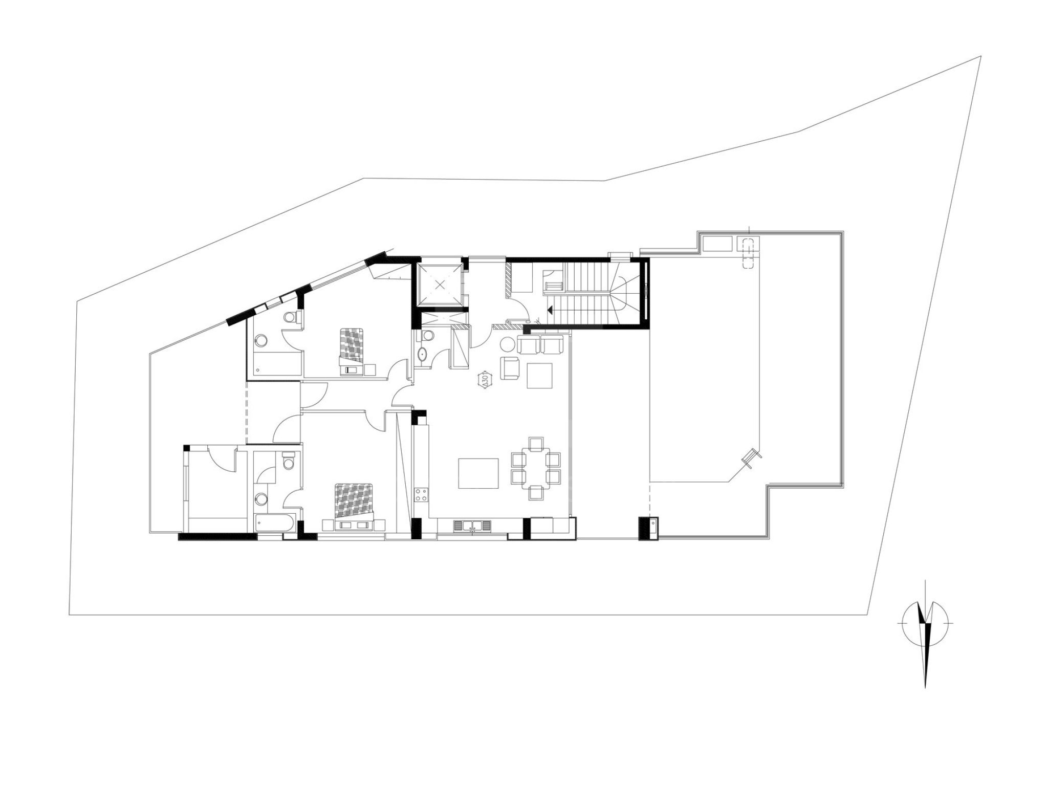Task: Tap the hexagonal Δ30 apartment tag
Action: pos(484,380)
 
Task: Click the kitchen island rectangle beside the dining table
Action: pos(478,474)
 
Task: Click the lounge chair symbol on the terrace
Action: pos(750,457)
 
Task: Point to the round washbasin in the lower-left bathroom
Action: pos(262,498)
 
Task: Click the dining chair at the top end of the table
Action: pos(536,443)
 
